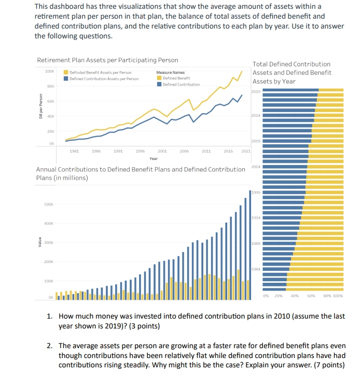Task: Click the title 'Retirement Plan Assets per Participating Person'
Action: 107,61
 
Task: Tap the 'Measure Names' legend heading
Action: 170,73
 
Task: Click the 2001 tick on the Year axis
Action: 161,152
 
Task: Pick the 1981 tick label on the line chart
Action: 74,152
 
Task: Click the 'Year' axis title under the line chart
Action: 154,159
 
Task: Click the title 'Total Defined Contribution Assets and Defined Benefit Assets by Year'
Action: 292,73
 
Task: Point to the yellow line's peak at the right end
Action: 242,71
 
